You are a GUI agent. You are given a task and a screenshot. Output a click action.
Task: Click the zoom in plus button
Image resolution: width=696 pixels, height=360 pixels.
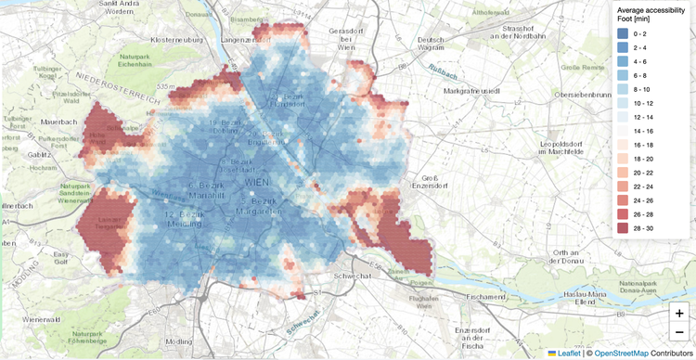click(679, 314)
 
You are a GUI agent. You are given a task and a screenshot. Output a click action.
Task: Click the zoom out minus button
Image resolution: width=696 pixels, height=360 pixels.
click(679, 332)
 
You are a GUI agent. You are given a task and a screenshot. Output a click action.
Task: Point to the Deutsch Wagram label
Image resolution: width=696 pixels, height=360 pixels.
click(432, 45)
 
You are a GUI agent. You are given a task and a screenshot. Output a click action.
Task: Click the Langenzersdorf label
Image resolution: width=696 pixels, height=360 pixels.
click(250, 41)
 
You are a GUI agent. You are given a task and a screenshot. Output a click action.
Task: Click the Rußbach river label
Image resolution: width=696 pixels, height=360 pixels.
click(443, 71)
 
